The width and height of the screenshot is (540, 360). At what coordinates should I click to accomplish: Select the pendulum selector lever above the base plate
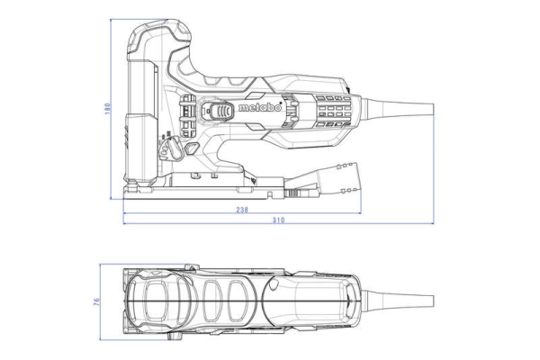pyautogui.click(x=170, y=144)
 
